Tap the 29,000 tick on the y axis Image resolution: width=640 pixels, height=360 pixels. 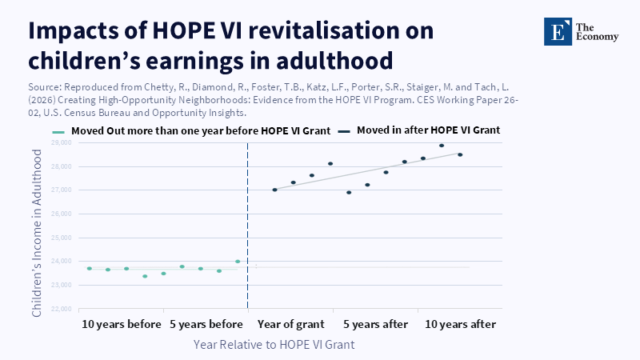[x=62, y=142]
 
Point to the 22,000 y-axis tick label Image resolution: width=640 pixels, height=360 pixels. [x=62, y=309]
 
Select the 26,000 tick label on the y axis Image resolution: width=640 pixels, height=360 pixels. [x=62, y=214]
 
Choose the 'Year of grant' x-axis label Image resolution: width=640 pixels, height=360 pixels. [x=291, y=325]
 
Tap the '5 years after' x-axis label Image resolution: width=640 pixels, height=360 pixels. [x=376, y=325]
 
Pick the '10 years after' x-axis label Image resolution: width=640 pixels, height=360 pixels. [x=460, y=325]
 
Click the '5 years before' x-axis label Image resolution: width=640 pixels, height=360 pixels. [x=206, y=325]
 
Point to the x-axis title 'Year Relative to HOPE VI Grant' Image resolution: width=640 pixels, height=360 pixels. [x=274, y=344]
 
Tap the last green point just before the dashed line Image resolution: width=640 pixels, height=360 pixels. [x=238, y=262]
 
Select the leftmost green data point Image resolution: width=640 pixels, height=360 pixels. [x=89, y=269]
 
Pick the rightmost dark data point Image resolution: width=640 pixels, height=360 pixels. [x=460, y=154]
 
